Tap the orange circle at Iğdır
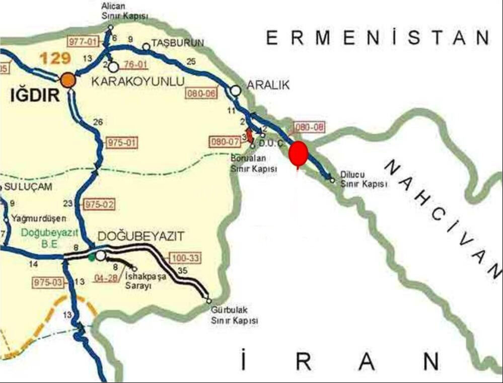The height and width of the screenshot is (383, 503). tap(68, 80)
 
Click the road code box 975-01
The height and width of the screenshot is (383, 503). tap(121, 143)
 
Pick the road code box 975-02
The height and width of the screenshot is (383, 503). tap(100, 205)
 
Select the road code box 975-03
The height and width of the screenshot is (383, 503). tap(49, 282)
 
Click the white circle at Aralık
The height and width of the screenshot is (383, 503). tap(235, 91)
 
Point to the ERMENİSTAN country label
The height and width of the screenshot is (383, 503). tap(378, 38)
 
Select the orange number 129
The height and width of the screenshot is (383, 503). tap(55, 58)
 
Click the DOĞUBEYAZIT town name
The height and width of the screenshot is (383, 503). tap(141, 237)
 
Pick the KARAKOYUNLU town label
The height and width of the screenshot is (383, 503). tap(138, 82)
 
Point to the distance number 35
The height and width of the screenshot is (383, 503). tap(183, 271)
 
